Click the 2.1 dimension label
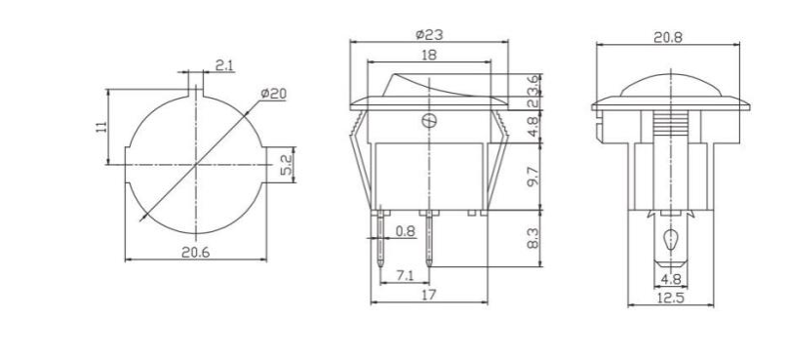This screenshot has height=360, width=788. [224, 65]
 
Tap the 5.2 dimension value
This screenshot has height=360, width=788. [287, 165]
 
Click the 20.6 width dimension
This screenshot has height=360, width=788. [197, 252]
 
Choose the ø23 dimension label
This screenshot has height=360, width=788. [429, 35]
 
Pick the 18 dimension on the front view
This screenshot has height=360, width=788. [429, 57]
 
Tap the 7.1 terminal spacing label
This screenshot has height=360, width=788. [406, 277]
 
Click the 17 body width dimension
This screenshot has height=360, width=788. [429, 296]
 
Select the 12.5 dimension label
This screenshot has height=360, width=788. [670, 298]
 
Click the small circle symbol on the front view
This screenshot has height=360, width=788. [427, 122]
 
